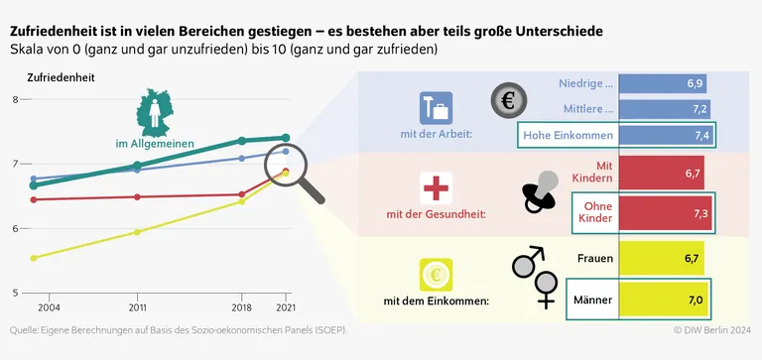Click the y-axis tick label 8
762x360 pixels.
click(x=15, y=99)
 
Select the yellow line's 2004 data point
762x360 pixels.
click(x=34, y=258)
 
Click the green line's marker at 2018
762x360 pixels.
click(x=242, y=141)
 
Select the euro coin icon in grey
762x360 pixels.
click(x=510, y=99)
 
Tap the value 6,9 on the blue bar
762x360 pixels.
click(x=695, y=83)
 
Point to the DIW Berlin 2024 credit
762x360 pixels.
click(x=712, y=330)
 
